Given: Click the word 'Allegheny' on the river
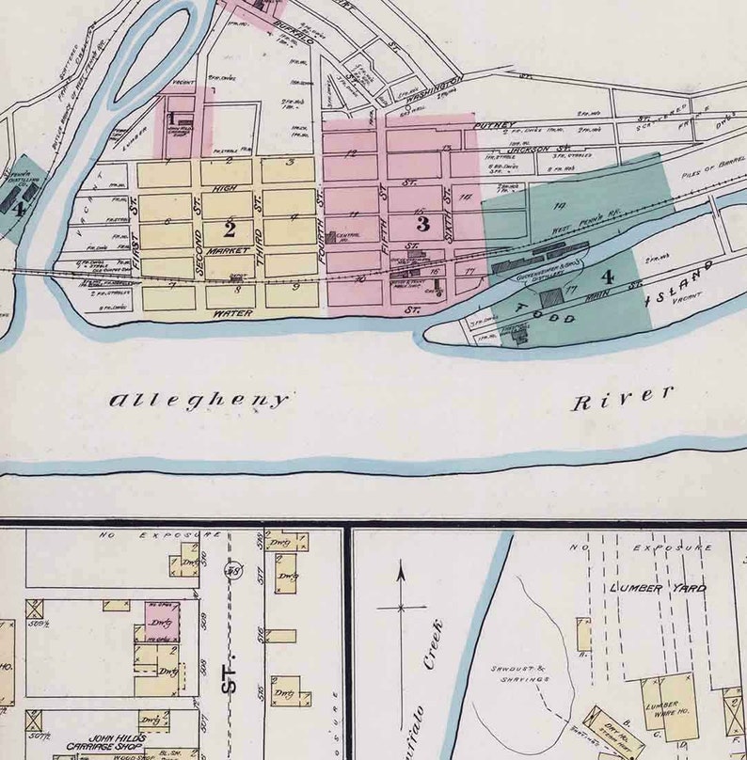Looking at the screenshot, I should (199, 401).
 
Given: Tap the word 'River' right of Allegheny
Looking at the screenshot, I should (623, 398).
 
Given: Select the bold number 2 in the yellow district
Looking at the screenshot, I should (229, 229).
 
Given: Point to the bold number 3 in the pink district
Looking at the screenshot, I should (422, 224).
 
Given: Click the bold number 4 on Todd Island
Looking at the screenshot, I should (608, 277).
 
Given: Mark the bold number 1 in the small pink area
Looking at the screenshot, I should (171, 119).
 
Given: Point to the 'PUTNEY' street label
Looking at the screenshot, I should (495, 125).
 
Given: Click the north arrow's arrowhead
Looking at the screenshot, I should (401, 568).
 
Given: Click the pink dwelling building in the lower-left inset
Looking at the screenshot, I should (161, 621).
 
